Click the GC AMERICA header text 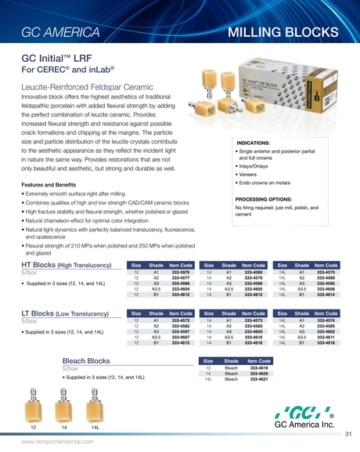[60, 33]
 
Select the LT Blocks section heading [70, 314]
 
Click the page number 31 [347, 433]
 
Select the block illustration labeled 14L [95, 408]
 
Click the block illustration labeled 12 [33, 407]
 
